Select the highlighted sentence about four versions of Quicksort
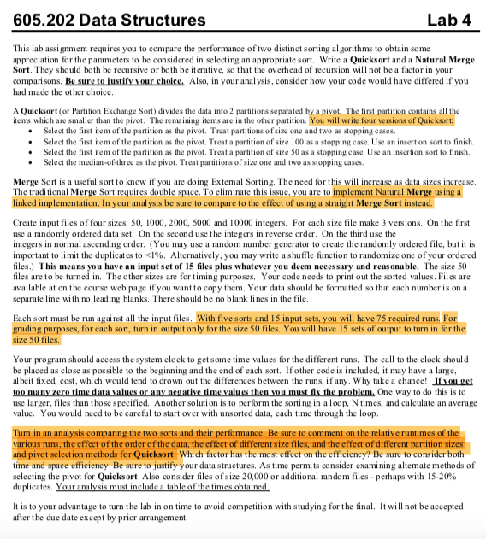pos(387,120)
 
